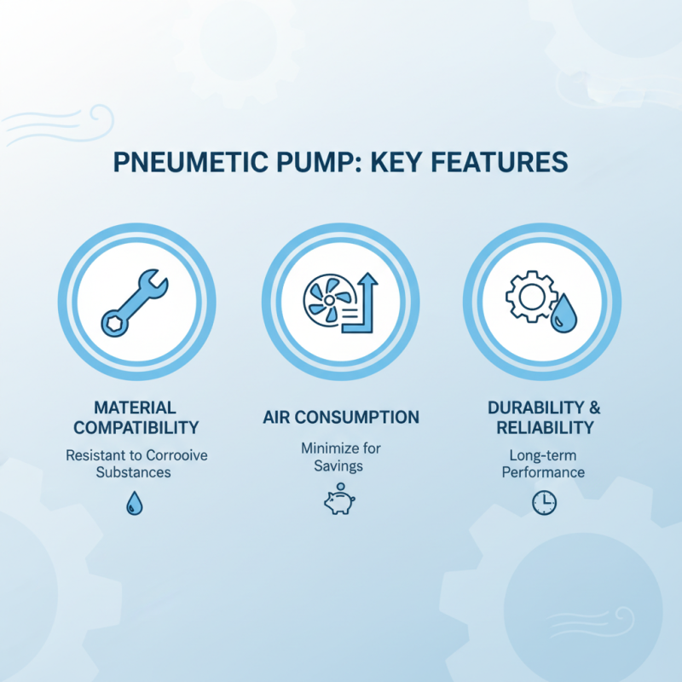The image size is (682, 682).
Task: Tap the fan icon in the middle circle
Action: [325, 303]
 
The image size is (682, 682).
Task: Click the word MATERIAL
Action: [136, 407]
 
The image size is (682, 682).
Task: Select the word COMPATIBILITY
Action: [136, 427]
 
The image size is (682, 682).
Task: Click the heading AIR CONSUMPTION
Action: [341, 417]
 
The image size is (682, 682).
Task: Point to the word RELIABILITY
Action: [543, 427]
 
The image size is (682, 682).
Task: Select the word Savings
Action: [341, 465]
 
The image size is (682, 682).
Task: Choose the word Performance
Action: [543, 471]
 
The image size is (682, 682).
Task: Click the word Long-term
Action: [543, 454]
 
